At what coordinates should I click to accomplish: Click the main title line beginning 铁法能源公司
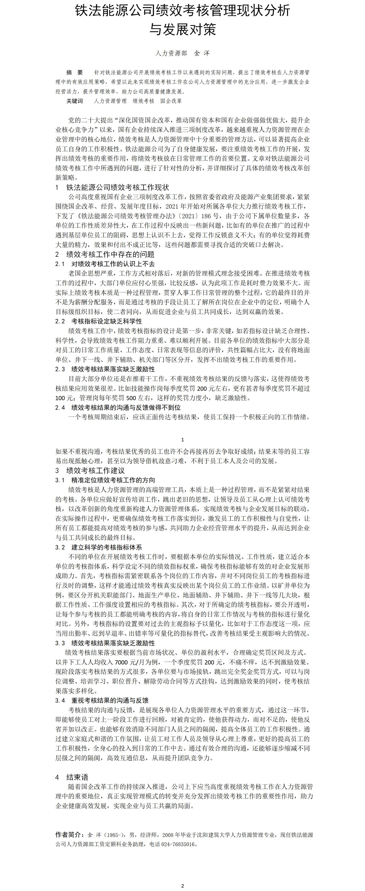pos(183,11)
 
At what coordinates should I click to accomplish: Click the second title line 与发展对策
pos(183,29)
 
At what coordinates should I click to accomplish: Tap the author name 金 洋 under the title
pos(202,53)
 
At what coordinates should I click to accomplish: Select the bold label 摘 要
pos(75,72)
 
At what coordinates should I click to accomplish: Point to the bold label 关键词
pos(75,101)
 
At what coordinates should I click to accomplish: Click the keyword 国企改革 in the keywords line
pos(171,101)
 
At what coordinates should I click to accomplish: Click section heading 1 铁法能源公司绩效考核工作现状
pos(112,187)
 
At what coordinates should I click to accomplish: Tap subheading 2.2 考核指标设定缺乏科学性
pos(98,321)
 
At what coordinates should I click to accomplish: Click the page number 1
pos(183,440)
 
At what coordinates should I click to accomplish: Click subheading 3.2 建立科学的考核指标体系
pos(98,547)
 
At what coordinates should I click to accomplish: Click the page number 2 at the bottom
pos(183,886)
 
